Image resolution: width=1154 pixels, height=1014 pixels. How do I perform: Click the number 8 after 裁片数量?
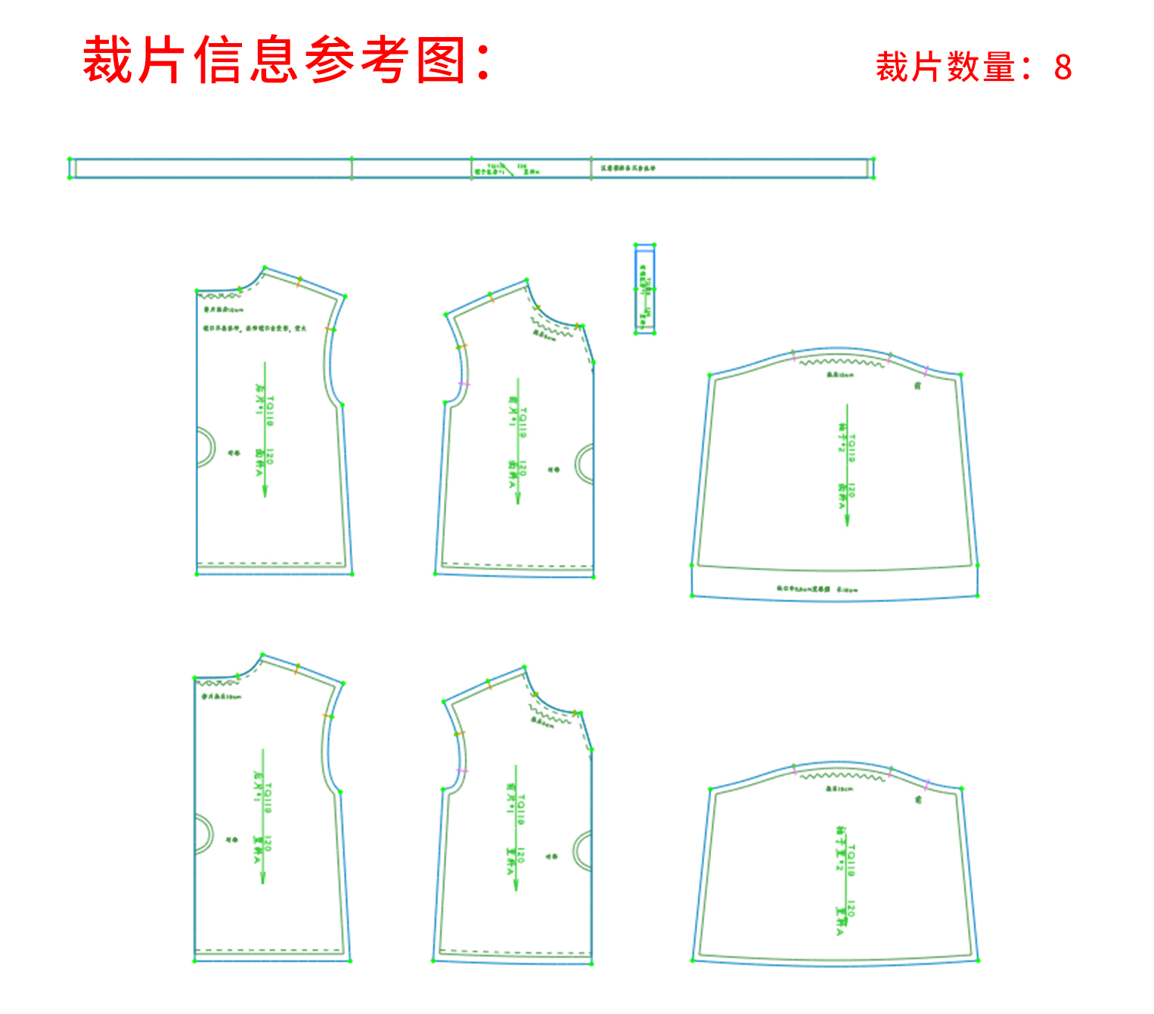[1062, 68]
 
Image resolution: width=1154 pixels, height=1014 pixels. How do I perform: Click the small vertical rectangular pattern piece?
[644, 289]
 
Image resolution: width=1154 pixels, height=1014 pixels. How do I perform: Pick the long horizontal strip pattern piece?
[227, 168]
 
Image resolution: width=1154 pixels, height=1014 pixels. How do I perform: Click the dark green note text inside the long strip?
[628, 168]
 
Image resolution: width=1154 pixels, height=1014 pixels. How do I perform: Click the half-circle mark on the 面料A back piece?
[204, 447]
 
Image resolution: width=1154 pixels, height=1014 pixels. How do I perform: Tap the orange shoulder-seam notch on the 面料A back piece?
[299, 281]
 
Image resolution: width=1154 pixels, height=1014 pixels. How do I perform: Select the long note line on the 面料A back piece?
[255, 329]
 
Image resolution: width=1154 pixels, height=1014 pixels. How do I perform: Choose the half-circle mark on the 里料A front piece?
[584, 850]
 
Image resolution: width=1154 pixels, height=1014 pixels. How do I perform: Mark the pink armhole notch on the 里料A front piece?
[462, 771]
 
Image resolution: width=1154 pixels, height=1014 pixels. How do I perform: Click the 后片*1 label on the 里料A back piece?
[258, 786]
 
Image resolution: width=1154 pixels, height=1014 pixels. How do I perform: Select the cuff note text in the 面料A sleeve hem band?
[817, 589]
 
